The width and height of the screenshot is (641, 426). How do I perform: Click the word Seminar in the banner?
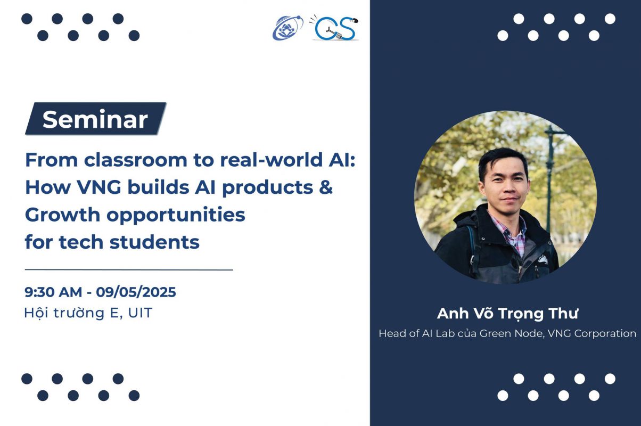95,119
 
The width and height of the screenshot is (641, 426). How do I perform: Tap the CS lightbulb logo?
334,28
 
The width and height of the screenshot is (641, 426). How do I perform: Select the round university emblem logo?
287,28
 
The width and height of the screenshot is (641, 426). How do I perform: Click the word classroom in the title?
136,160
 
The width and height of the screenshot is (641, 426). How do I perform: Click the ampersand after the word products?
326,187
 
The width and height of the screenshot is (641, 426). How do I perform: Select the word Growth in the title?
62,215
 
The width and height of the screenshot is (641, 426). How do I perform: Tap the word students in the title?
154,242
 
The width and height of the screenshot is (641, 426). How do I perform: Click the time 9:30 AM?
53,292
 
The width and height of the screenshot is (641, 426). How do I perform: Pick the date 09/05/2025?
136,292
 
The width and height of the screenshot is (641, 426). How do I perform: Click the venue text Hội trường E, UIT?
88,313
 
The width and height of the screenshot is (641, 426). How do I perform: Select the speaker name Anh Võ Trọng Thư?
507,314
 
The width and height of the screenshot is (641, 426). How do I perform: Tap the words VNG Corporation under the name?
592,333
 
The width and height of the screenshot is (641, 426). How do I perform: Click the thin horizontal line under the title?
129,269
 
